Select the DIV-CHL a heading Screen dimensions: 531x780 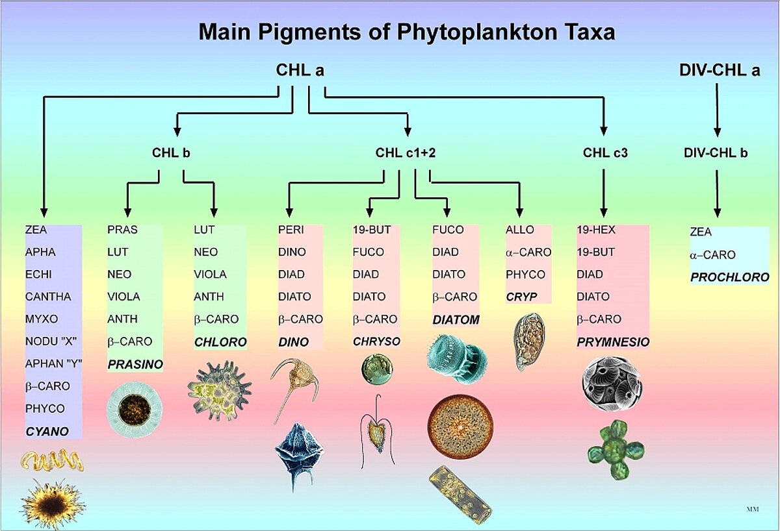(717, 71)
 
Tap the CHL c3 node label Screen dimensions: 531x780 (604, 153)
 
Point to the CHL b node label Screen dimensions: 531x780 (171, 153)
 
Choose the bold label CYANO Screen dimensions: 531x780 (47, 431)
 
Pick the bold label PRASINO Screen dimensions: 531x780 (135, 365)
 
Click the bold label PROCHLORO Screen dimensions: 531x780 (729, 277)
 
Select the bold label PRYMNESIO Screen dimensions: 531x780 (613, 342)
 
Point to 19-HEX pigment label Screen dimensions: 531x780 (595, 230)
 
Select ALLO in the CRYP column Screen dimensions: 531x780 (519, 230)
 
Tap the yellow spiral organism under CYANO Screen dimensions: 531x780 (53, 462)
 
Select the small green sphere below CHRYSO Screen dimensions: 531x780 (377, 368)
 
